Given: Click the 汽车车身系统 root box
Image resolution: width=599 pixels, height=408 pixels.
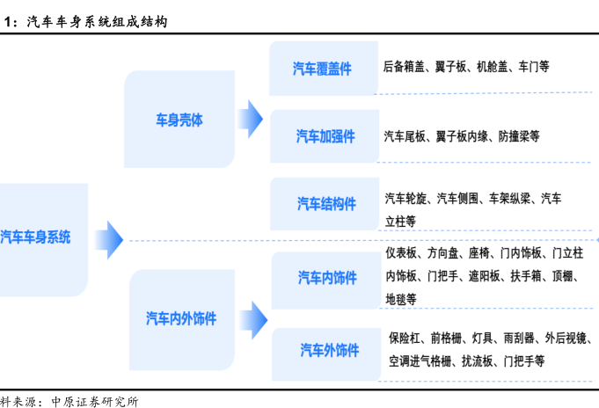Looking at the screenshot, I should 40,238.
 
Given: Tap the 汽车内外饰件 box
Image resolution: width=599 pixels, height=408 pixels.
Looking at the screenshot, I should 181,319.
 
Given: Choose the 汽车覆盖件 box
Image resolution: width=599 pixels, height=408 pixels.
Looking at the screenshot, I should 322,69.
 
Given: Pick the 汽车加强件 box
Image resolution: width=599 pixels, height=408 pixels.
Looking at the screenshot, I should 325,136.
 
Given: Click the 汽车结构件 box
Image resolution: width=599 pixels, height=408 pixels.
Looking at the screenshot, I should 325,204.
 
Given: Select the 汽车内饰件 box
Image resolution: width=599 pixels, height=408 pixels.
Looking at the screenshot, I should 326,278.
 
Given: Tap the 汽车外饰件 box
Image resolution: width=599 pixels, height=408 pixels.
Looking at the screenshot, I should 328,350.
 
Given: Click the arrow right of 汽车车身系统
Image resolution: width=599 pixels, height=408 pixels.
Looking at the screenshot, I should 108,237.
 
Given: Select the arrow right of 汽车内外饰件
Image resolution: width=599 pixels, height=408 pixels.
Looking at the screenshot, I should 253,319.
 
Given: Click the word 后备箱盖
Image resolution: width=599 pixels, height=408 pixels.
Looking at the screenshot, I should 405,66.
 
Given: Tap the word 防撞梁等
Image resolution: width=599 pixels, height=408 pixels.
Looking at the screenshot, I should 519,136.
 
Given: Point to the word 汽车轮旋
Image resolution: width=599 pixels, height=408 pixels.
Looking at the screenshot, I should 406,199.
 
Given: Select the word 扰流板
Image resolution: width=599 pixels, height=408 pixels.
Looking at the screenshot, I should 478,361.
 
